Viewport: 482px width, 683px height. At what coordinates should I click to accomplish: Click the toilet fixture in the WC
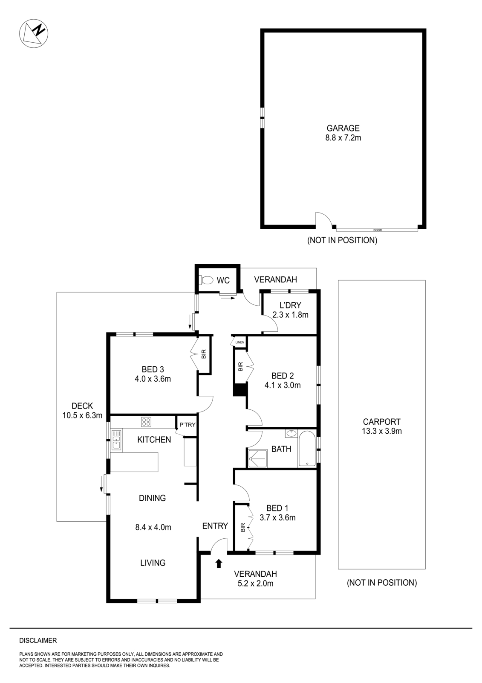pos(206,280)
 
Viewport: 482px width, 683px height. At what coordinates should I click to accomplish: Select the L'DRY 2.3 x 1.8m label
pos(290,310)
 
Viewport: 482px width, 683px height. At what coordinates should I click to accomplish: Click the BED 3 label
pos(153,374)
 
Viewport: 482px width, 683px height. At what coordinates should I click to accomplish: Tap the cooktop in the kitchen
pos(146,422)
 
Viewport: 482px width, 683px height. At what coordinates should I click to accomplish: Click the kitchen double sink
pos(116,440)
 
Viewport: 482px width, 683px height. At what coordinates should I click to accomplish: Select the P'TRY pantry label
pos(187,425)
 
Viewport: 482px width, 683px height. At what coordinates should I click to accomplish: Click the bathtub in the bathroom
pos(307,449)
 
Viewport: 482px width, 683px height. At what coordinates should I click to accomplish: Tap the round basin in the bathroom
pos(292,434)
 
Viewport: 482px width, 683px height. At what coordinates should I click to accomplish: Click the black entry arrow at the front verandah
pos(219,563)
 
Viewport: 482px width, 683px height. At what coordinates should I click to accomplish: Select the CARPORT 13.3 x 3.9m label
pos(381,426)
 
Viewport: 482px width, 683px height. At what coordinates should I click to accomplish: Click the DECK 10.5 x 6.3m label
pos(82,411)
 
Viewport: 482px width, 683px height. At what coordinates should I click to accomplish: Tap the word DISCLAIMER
pos(38,641)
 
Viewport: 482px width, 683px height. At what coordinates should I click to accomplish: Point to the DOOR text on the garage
pos(377,230)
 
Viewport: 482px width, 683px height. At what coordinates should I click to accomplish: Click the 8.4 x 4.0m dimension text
pos(153,527)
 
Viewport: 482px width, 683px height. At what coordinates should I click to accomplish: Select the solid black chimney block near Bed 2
pos(240,390)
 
